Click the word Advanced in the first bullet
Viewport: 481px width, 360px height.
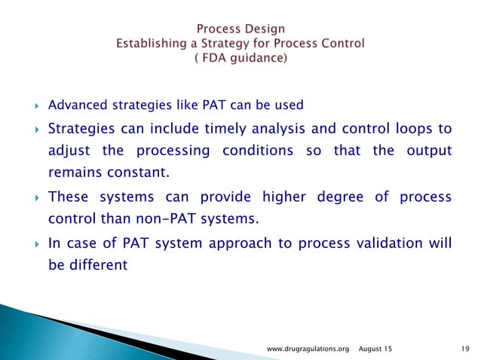[72, 104]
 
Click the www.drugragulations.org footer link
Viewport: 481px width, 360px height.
[309, 349]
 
